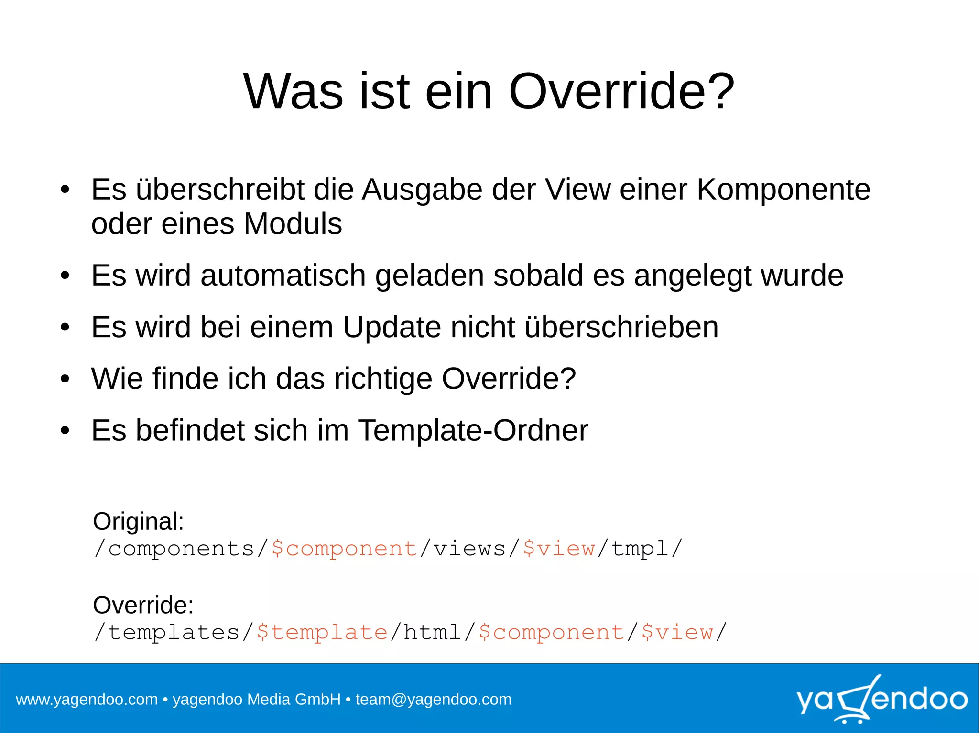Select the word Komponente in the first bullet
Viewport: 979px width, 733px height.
tap(783, 190)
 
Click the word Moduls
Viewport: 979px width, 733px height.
tap(293, 223)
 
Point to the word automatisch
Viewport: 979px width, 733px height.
tap(283, 276)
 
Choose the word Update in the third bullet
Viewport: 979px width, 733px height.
tap(392, 327)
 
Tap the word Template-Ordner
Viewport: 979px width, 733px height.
tap(473, 430)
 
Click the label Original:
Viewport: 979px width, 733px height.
tap(138, 521)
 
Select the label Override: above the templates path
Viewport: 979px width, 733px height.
tap(143, 605)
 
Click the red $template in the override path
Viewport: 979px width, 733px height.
tap(322, 632)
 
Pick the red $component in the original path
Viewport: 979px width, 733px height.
tap(344, 548)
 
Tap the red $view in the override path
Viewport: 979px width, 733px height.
tap(677, 632)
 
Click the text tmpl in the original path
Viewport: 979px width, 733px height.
tap(640, 548)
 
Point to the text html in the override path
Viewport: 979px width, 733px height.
tap(432, 632)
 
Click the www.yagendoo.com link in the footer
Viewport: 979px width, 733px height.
tap(87, 700)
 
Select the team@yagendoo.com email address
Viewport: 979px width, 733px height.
tap(433, 700)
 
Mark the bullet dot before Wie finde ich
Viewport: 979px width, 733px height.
tap(65, 379)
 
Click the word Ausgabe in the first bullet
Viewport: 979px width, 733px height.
tap(422, 190)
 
